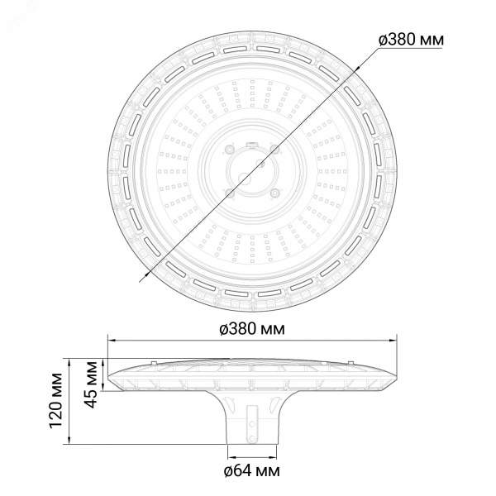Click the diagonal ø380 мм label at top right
pos(411,40)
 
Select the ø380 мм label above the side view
pos(252,329)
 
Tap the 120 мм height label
pos(56,401)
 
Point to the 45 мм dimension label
pos(92,384)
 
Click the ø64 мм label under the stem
pos(252,471)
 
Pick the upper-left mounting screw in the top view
pos(228,149)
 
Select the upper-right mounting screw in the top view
pos(274,148)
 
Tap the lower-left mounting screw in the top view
pos(229,193)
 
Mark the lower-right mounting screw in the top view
pos(275,192)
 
